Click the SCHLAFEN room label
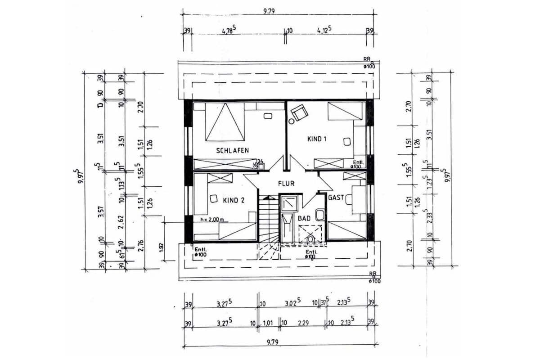(232, 150)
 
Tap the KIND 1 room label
(316, 139)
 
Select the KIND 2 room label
(227, 200)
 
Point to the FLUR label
(286, 184)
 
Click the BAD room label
(304, 218)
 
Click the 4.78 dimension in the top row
(228, 31)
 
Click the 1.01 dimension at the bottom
(268, 323)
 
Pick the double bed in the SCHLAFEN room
(225, 121)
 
